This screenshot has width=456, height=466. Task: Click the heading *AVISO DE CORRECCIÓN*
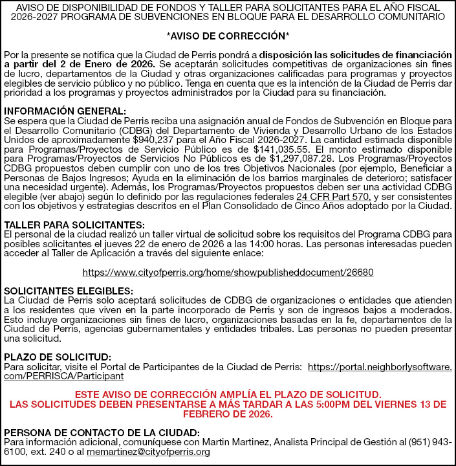coord(228,36)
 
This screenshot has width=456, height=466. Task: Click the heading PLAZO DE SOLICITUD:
coord(58,357)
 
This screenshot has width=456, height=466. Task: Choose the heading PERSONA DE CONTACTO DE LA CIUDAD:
coord(102,433)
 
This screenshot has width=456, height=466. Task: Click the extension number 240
coord(56,452)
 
